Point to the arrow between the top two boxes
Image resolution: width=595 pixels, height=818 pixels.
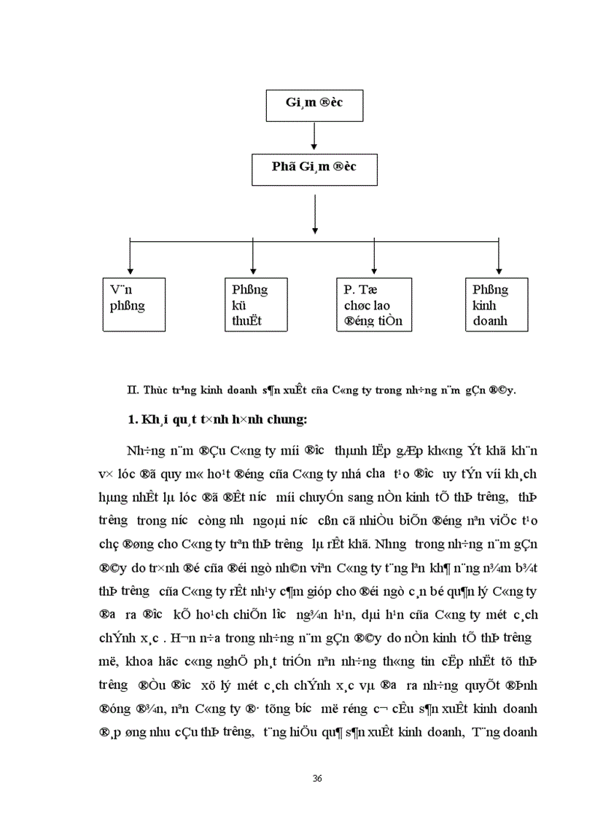click(314, 138)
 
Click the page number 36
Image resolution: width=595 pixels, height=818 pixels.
click(317, 779)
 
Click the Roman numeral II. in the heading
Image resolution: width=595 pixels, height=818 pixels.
click(132, 390)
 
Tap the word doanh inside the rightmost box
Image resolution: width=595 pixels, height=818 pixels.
click(489, 320)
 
